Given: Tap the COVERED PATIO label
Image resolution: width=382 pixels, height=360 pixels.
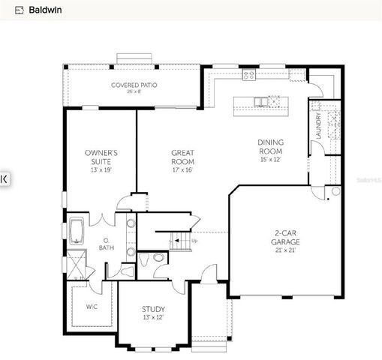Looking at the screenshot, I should (x=134, y=85).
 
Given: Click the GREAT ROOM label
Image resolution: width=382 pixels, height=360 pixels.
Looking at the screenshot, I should (x=182, y=157).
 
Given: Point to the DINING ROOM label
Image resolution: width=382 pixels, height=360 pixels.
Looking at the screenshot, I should (x=271, y=146).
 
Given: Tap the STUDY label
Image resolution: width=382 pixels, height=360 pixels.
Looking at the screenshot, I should (x=153, y=309).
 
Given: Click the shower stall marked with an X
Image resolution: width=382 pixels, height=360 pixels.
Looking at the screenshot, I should (x=77, y=265).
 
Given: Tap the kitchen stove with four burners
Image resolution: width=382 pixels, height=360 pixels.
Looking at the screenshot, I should (x=248, y=74).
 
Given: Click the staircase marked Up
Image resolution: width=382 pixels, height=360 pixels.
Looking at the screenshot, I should (x=181, y=241).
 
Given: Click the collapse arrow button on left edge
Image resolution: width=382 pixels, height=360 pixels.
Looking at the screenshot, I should (x=4, y=178).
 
